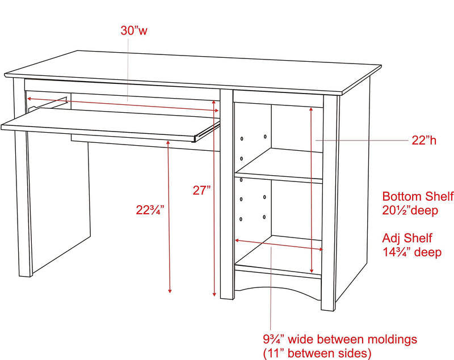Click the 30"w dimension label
pos(134,31)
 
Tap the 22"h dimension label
pos(424,141)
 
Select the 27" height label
pos(202,190)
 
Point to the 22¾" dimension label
pos(150,210)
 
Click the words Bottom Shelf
pos(418,196)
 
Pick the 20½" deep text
pos(410,210)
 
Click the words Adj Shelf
pos(407,238)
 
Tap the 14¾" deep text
pos(412,252)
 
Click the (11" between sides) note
pos(317,353)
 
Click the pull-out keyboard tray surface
pos(110,123)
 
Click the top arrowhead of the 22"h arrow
pos(311,109)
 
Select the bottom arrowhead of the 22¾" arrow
pos(170,291)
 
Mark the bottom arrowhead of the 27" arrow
pos(215,294)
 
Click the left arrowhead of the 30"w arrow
pos(30,99)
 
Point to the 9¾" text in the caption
pos(274,340)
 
